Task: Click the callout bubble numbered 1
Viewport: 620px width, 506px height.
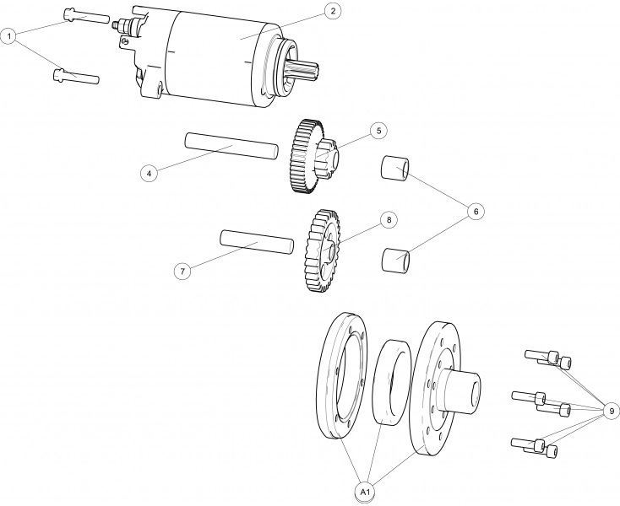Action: (x=8, y=36)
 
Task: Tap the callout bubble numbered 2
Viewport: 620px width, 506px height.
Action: (x=333, y=11)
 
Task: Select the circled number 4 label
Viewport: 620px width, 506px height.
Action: (x=149, y=173)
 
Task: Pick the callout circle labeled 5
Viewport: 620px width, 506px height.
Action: (x=378, y=131)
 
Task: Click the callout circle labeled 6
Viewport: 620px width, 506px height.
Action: (x=476, y=212)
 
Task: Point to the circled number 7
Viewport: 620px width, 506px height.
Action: (x=182, y=272)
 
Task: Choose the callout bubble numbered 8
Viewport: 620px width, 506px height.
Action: (x=389, y=219)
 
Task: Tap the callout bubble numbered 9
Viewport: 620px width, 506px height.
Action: (x=612, y=412)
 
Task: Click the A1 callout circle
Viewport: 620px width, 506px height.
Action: (x=365, y=492)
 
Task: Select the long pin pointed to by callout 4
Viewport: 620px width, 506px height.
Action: (x=231, y=146)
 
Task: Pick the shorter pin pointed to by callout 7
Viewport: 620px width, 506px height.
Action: (x=257, y=241)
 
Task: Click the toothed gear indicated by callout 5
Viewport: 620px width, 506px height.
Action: (x=312, y=156)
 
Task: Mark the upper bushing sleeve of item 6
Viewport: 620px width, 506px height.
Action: (x=394, y=168)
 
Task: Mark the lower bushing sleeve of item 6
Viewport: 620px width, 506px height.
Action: (x=396, y=260)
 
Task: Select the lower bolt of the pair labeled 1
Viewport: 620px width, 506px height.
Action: (x=76, y=76)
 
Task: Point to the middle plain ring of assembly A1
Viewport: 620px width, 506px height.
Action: (x=392, y=382)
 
